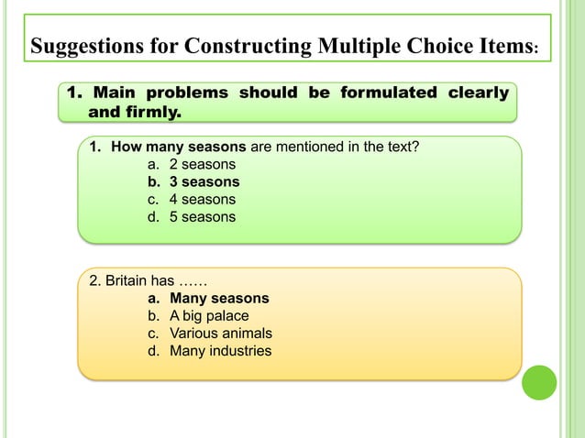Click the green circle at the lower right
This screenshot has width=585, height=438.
[x=539, y=383]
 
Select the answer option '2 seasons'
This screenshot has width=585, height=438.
[x=202, y=164]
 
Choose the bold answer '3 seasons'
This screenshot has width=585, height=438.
[x=204, y=181]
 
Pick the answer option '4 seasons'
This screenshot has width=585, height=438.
[x=202, y=199]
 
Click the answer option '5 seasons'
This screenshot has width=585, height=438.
[x=202, y=217]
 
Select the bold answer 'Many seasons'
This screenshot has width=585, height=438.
[x=219, y=299]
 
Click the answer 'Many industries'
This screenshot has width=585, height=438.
[x=220, y=351]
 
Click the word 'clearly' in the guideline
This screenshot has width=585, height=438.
[x=478, y=93]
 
